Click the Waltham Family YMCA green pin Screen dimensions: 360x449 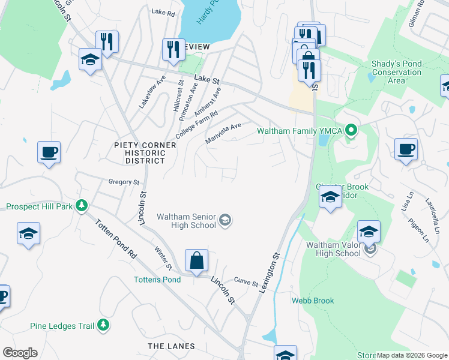tap(354, 130)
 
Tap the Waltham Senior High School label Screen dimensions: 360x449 tap(186, 221)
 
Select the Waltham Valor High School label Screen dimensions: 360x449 tap(333, 249)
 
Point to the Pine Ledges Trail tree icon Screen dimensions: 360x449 tap(104, 325)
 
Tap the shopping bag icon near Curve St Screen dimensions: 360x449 tap(196, 261)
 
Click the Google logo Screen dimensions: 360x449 tap(20, 353)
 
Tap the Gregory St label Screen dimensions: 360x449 tap(124, 182)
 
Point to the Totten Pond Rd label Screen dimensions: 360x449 tap(115, 237)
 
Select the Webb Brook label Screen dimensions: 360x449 tap(313, 301)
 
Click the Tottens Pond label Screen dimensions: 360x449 tap(157, 280)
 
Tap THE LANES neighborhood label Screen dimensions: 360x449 tap(172, 346)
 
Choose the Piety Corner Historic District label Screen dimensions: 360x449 tap(145, 153)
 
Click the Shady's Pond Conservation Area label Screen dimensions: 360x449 tap(396, 72)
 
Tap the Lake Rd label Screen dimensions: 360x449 tap(162, 11)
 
